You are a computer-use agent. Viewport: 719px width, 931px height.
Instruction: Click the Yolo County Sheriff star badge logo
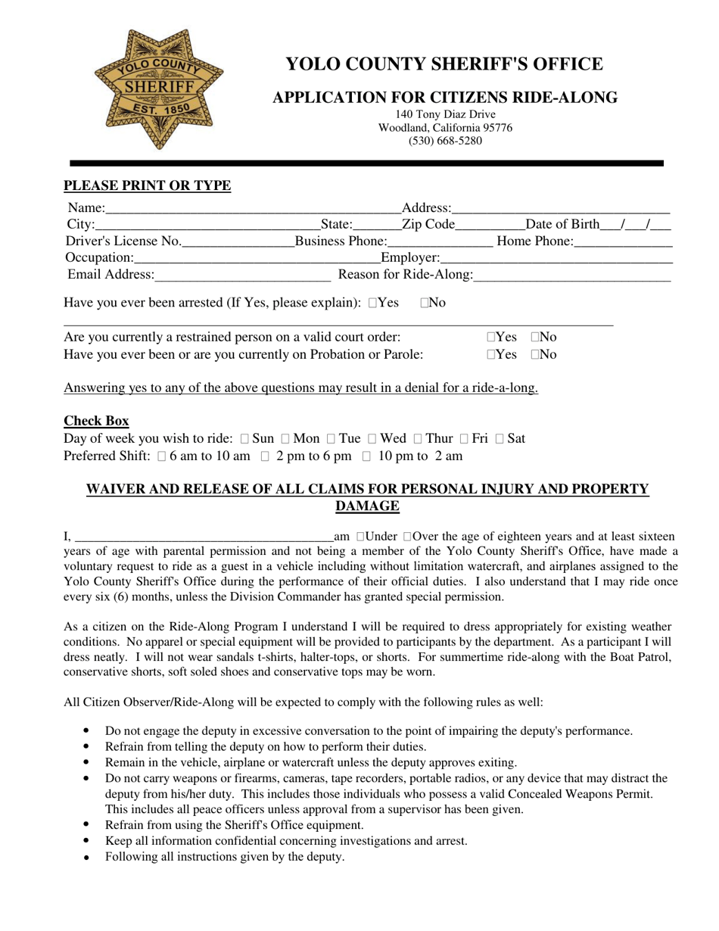158,89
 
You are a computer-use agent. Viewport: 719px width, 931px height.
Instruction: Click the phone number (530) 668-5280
445,141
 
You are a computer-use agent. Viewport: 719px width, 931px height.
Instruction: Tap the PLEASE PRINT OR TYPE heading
147,185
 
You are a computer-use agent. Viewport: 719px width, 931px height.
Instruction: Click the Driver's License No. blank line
238,242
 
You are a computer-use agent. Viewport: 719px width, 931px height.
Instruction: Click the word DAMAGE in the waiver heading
367,506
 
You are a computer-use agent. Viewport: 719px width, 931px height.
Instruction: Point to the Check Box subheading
96,421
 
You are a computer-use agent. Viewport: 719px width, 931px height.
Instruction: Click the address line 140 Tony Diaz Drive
445,114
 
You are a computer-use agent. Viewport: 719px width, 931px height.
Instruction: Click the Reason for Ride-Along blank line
572,275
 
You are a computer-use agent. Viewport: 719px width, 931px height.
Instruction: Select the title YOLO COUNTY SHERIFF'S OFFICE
444,64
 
